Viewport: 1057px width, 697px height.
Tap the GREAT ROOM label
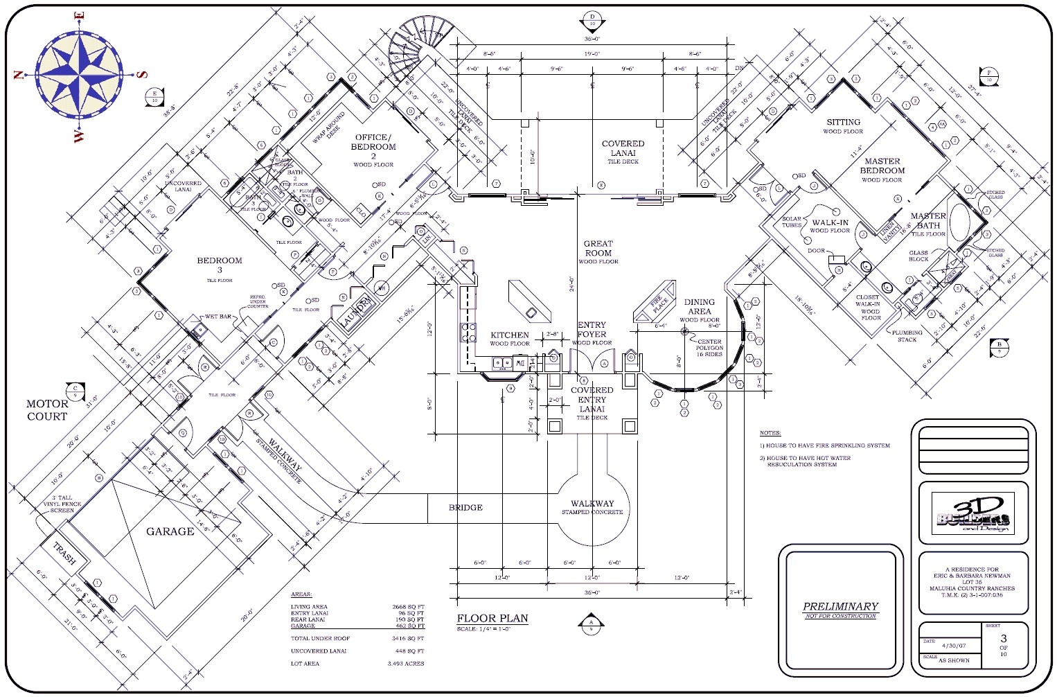(598, 248)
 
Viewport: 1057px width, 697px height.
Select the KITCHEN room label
(510, 335)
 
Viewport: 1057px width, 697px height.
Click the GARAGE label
(170, 531)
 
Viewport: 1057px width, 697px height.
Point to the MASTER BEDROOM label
(882, 166)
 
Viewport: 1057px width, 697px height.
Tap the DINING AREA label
(699, 307)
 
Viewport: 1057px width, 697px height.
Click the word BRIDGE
(465, 508)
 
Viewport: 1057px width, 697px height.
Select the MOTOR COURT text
(47, 410)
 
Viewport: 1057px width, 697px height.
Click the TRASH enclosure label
(64, 554)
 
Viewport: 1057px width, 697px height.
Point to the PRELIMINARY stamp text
(840, 606)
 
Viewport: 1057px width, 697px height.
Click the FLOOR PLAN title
(492, 618)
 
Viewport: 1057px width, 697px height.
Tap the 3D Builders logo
(972, 513)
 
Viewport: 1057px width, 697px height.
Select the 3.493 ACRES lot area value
(405, 664)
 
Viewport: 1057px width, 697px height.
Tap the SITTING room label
(843, 122)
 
